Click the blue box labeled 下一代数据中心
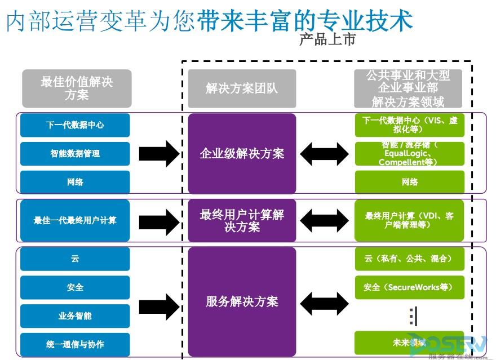(75, 125)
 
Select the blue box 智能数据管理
(75, 153)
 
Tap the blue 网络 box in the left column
(75, 182)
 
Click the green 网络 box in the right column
(409, 182)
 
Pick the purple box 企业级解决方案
(242, 153)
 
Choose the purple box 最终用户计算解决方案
(242, 220)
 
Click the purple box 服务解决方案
(242, 301)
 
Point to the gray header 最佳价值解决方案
(77, 88)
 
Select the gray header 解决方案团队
(242, 88)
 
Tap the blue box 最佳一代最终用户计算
(75, 220)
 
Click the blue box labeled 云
(75, 259)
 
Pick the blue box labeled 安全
(75, 287)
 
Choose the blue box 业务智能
(75, 315)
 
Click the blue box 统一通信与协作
(75, 344)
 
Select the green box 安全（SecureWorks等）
(409, 287)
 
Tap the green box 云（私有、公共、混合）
(409, 259)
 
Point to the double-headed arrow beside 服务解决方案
(324, 304)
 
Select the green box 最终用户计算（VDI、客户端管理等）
(409, 220)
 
